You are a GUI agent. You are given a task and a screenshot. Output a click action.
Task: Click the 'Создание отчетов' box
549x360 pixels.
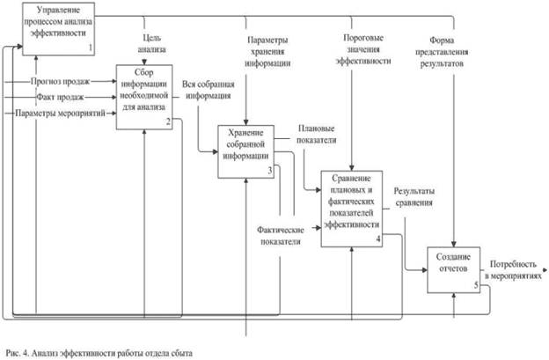pyautogui.click(x=452, y=262)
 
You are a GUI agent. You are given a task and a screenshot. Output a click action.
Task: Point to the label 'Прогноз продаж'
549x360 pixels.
pyautogui.click(x=60, y=80)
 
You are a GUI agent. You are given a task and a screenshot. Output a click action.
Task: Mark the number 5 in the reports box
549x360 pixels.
pyautogui.click(x=475, y=285)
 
